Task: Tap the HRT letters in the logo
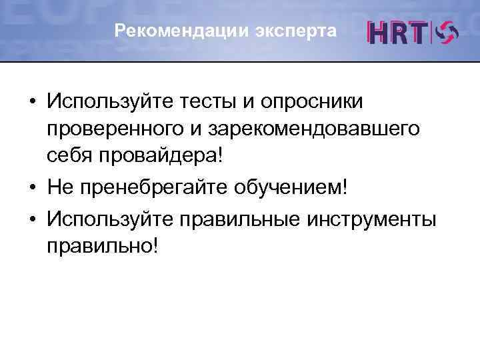(x=399, y=33)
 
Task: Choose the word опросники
(x=311, y=103)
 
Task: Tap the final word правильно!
(x=103, y=245)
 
